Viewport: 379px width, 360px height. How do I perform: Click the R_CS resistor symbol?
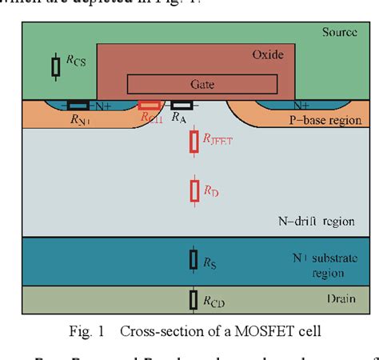click(x=56, y=67)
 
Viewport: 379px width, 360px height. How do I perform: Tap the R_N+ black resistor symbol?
click(x=78, y=105)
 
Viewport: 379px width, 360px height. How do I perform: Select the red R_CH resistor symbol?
click(x=149, y=105)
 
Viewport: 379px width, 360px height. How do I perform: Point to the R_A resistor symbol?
click(x=182, y=105)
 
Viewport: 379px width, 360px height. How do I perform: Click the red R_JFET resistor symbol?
click(x=193, y=142)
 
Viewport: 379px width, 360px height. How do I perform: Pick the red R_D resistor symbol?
click(x=193, y=190)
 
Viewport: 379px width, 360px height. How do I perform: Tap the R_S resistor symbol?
click(x=193, y=259)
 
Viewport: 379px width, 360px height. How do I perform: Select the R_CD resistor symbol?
click(x=193, y=299)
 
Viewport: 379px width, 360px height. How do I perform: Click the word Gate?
click(x=203, y=83)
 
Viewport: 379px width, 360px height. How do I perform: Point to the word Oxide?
click(x=268, y=55)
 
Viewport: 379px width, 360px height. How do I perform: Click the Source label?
click(x=339, y=32)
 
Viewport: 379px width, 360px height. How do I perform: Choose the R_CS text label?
click(x=76, y=60)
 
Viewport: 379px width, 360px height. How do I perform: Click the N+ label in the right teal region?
click(x=301, y=105)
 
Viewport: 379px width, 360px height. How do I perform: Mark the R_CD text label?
click(x=213, y=302)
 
